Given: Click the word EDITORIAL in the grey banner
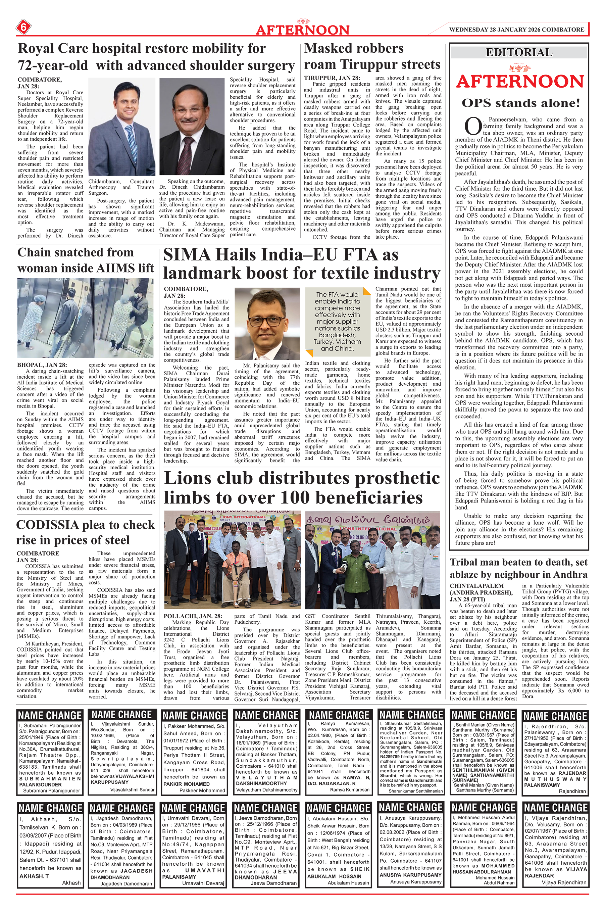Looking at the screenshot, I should click(x=519, y=52).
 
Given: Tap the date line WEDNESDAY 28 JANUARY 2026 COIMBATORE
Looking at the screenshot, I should click(x=516, y=29).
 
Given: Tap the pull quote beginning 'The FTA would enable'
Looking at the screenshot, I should click(x=337, y=322).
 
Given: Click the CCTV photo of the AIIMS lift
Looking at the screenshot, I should click(x=86, y=318).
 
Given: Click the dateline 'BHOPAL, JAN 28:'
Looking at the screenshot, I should click(x=42, y=365).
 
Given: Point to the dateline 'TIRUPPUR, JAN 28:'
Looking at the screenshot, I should click(x=332, y=78).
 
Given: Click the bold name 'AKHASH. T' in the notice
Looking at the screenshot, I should click(x=34, y=876).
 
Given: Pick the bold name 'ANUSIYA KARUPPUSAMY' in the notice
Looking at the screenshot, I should click(x=410, y=874).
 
